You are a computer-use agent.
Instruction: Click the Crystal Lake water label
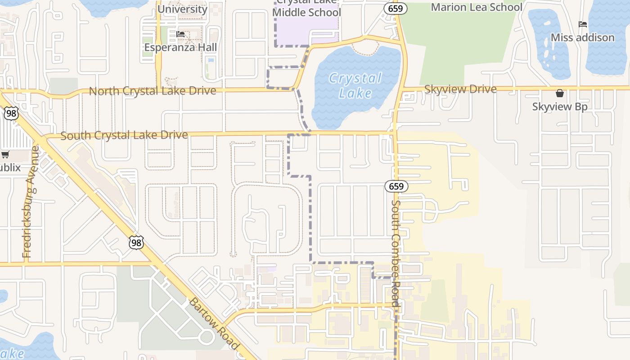[355, 85]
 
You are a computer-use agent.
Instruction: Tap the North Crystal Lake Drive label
[153, 91]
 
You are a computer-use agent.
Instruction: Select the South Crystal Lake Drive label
[124, 135]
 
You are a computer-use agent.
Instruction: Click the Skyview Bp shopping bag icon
[560, 93]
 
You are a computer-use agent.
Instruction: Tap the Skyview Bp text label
[560, 107]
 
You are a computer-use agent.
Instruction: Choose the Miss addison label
[583, 37]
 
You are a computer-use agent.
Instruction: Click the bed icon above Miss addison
[583, 24]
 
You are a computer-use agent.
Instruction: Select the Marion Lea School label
[477, 7]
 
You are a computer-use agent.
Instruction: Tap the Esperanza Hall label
[180, 47]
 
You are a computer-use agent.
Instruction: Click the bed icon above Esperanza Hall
[180, 34]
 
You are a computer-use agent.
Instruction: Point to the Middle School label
[307, 12]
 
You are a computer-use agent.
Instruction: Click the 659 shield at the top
[396, 8]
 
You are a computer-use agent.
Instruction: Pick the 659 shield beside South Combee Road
[396, 186]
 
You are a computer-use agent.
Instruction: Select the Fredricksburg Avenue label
[30, 202]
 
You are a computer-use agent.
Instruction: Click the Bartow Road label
[213, 323]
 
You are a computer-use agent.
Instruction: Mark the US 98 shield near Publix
[11, 113]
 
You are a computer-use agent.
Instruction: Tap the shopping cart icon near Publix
[5, 155]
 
